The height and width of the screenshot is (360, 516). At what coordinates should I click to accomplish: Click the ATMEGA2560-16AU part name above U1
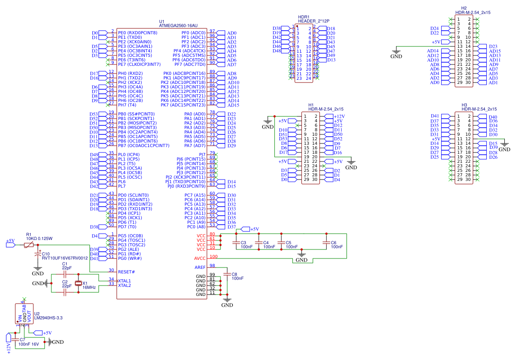coord(179,26)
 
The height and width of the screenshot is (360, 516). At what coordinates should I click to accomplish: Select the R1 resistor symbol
coord(28,245)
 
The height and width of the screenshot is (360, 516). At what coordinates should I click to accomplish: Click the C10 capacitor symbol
coord(38,255)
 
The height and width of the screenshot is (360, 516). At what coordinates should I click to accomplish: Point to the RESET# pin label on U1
coord(126,272)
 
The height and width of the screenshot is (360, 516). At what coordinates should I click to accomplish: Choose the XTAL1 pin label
coord(124,281)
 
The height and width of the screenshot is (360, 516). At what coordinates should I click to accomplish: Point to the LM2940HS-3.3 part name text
coord(48,318)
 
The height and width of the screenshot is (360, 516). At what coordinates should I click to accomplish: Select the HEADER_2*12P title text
coord(313,21)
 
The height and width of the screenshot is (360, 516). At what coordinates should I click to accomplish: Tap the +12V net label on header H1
coord(339,116)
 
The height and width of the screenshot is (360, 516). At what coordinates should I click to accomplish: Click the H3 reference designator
coord(464,105)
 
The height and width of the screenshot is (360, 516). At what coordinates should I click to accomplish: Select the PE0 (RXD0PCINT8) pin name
coord(138,33)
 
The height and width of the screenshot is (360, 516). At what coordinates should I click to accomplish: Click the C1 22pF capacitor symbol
coord(65,274)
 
